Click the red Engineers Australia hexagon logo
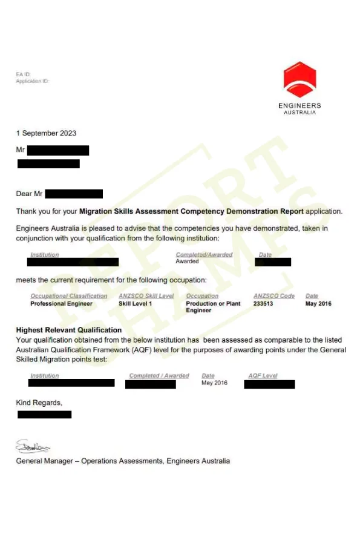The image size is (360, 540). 299,80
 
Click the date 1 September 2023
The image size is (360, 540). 46,133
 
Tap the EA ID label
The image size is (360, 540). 23,74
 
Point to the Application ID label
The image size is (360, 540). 32,81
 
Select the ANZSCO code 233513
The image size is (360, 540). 263,303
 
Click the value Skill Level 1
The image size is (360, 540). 136,303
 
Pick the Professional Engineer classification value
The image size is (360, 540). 62,303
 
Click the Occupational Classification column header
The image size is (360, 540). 69,296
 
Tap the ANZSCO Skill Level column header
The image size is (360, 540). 146,296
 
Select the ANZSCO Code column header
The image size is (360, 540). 274,296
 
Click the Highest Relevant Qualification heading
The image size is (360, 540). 69,330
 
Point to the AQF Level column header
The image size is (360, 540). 263,376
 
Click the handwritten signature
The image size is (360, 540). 33,447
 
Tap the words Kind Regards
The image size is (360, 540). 39,402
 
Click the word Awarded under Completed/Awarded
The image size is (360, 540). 187,262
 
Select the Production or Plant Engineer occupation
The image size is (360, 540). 213,307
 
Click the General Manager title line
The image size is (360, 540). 123,461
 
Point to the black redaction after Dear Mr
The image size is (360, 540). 74,194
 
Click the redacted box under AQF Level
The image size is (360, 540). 269,384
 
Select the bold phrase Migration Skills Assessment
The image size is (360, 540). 129,211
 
